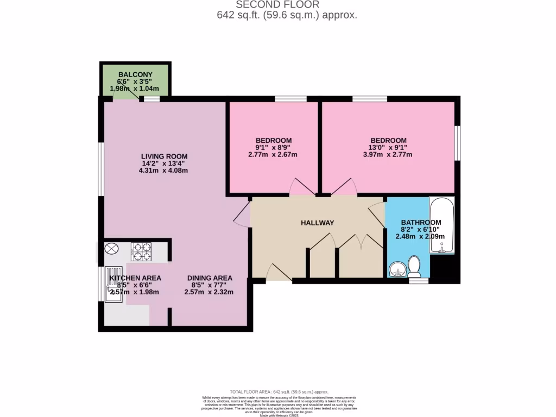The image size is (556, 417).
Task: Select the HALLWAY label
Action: click(317, 223)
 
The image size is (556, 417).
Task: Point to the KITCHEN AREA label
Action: click(135, 278)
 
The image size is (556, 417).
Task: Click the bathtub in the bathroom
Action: click(442, 225)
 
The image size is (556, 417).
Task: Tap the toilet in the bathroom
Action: click(414, 266)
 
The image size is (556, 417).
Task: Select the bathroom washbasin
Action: click(397, 269)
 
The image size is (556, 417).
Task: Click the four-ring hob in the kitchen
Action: click(141, 251)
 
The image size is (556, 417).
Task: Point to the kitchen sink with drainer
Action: click(114, 284)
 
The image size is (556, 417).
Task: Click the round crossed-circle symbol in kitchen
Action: click(111, 249)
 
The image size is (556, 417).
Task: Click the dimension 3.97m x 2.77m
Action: click(387, 154)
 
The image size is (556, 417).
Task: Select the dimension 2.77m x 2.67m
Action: click(274, 154)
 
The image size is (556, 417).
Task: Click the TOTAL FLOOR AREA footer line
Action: click(279, 391)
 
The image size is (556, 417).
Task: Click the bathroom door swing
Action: click(377, 212)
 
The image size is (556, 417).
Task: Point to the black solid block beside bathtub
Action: click(445, 269)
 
